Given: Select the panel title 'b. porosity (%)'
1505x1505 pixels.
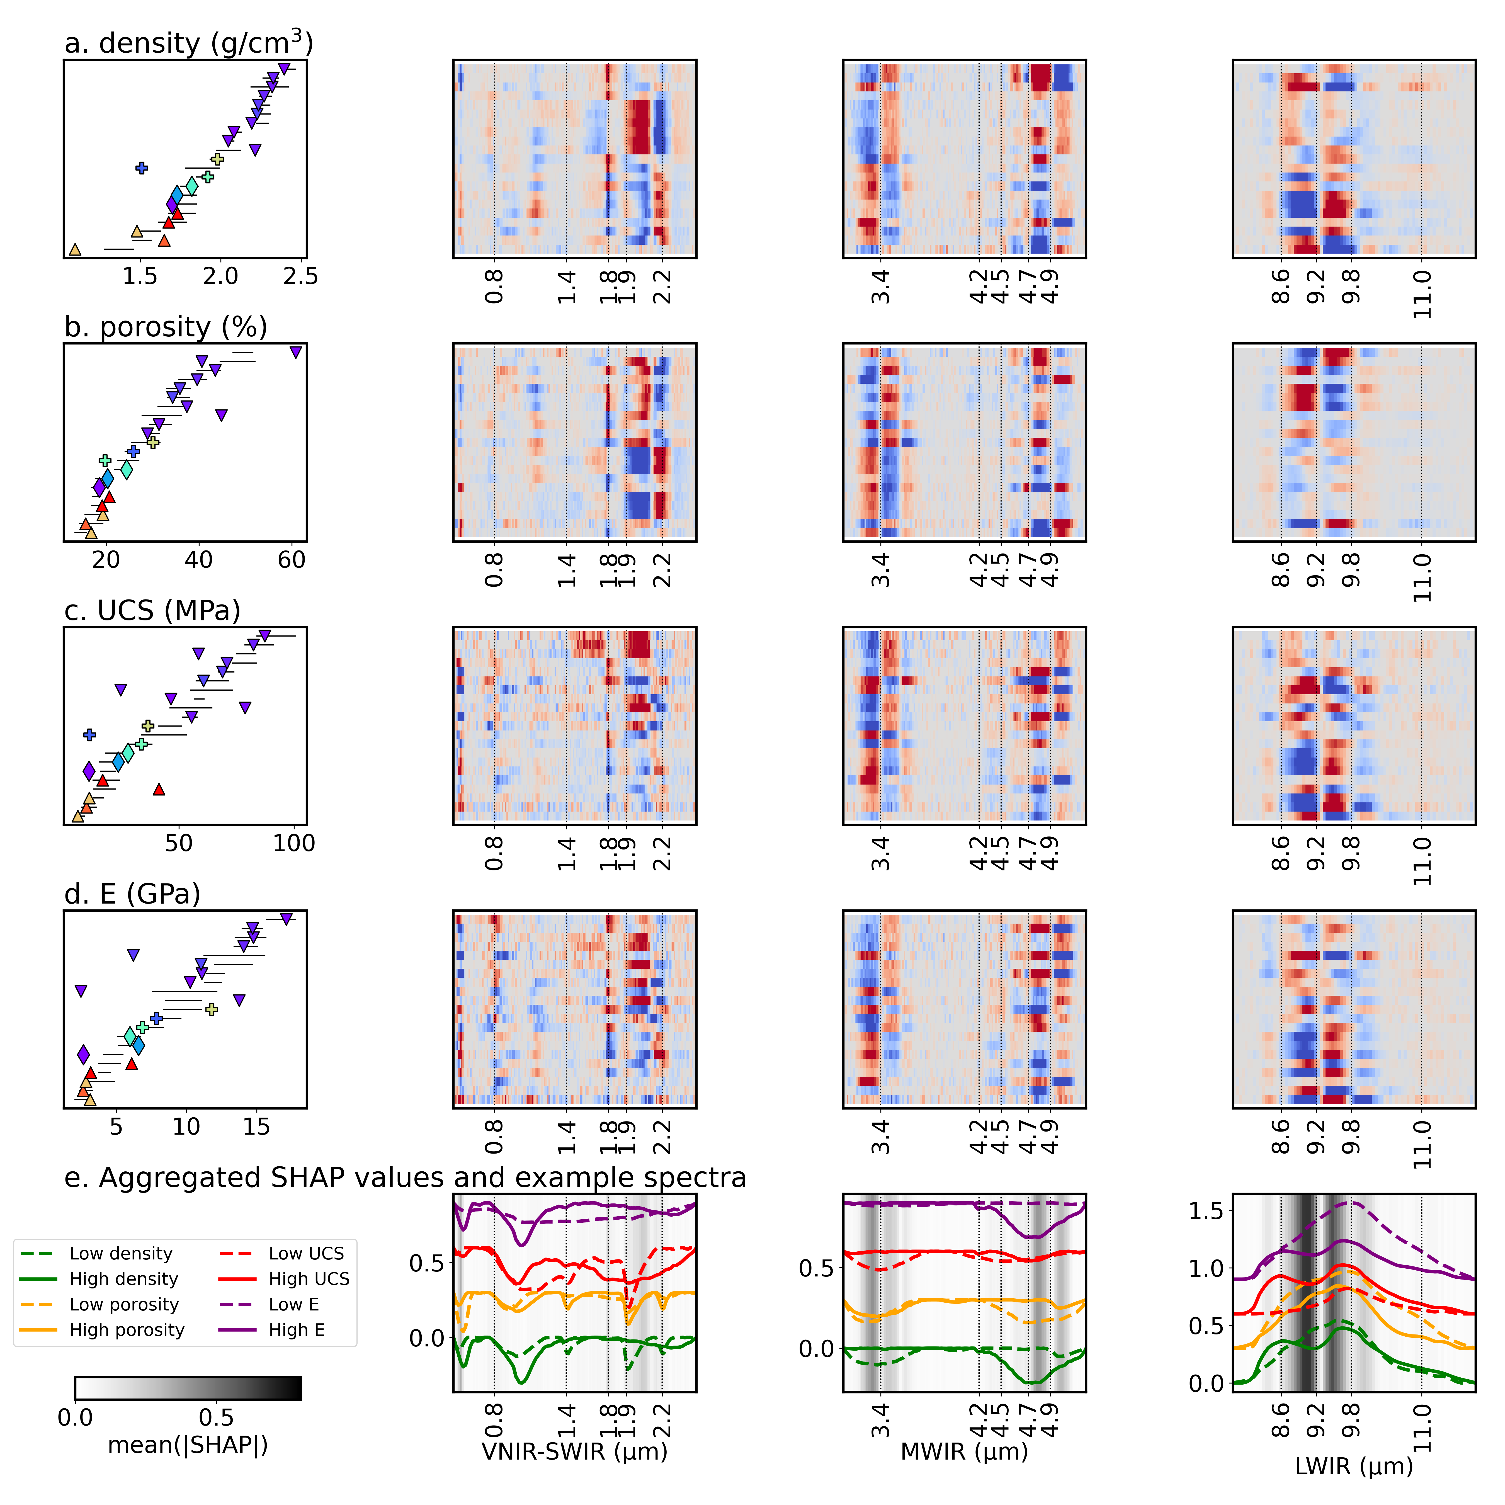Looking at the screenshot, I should coord(166,327).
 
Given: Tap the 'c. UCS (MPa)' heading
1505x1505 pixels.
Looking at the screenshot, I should coord(153,611).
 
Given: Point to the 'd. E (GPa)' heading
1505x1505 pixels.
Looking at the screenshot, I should coord(132,894).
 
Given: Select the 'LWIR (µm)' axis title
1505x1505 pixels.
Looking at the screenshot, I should coord(1354,1467).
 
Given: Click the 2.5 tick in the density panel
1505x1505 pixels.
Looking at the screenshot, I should coord(301,276).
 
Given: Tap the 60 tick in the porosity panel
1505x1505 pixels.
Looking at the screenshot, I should coord(292,560).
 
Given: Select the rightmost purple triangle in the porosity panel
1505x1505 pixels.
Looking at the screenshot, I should coord(295,352).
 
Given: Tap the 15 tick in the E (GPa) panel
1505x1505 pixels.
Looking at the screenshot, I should coord(256,1127).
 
